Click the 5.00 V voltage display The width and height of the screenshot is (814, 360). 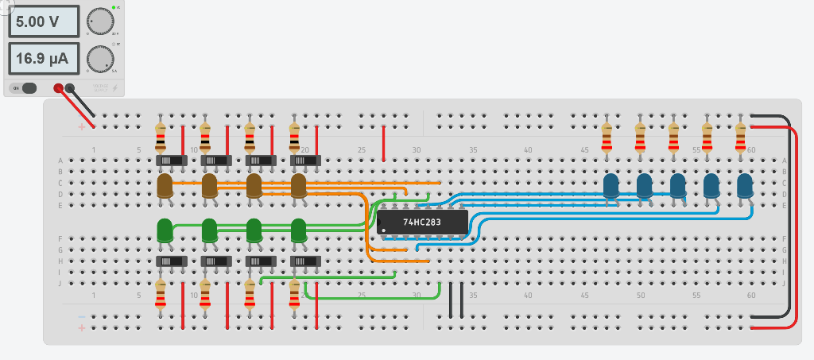44,21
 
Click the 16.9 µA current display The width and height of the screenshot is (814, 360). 44,58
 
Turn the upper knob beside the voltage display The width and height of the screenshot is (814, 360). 99,21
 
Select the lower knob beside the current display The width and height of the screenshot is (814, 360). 99,58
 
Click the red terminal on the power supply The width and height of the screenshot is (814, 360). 58,88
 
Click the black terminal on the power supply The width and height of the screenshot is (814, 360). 70,88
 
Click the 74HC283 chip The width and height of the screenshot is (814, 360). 422,223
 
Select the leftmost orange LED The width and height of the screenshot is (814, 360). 165,187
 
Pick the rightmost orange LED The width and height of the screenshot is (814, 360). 299,187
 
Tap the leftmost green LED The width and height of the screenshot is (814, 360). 165,230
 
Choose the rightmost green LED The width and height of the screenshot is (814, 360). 299,230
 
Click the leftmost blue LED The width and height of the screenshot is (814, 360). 611,187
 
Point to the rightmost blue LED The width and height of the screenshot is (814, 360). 745,187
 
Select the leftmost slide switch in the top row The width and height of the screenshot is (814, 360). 171,161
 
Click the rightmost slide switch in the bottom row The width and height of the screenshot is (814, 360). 305,261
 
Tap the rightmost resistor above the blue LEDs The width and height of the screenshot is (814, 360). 741,137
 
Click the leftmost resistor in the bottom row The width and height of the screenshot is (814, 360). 161,293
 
